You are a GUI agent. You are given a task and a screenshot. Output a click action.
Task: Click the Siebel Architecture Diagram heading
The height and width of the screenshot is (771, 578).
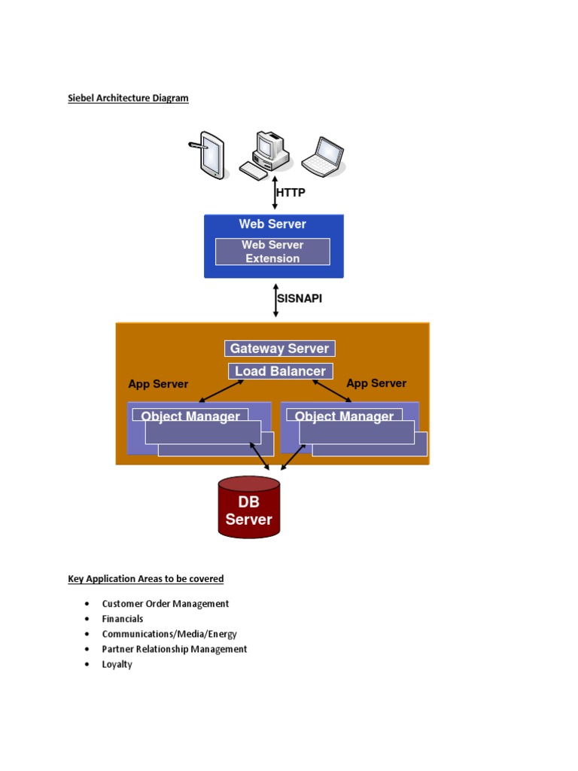tap(128, 98)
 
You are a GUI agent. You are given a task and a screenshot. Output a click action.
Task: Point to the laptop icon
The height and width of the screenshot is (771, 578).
tap(324, 157)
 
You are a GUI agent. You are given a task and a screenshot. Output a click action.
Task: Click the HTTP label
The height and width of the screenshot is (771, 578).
tap(291, 193)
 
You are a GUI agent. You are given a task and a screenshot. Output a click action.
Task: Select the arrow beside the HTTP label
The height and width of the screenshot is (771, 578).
tap(275, 193)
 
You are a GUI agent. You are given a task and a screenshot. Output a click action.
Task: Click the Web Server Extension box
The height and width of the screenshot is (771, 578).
tap(272, 251)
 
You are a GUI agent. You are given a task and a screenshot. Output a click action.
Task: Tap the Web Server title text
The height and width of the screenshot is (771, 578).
tap(272, 224)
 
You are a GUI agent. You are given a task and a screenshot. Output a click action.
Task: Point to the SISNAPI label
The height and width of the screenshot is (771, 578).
tap(299, 298)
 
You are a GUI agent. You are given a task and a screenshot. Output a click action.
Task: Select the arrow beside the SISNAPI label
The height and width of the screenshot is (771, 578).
tap(275, 300)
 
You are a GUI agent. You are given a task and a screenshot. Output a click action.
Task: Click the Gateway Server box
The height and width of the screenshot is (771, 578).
tap(279, 349)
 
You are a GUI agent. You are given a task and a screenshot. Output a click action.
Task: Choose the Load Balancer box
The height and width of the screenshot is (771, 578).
tap(280, 371)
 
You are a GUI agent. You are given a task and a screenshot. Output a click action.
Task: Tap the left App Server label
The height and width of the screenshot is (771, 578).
tap(158, 384)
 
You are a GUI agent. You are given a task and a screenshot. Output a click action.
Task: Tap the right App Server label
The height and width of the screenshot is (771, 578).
tap(376, 383)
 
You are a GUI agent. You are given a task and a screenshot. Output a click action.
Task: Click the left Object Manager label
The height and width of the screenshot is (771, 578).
tap(190, 416)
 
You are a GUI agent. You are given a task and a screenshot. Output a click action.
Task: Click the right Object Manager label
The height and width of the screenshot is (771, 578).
tap(344, 416)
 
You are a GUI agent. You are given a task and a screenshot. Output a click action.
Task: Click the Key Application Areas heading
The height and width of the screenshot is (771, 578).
tap(146, 579)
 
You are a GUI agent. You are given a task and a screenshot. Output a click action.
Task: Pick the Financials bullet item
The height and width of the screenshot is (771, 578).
tap(123, 619)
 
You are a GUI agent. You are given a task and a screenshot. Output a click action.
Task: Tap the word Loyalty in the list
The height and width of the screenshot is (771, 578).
tap(117, 664)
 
